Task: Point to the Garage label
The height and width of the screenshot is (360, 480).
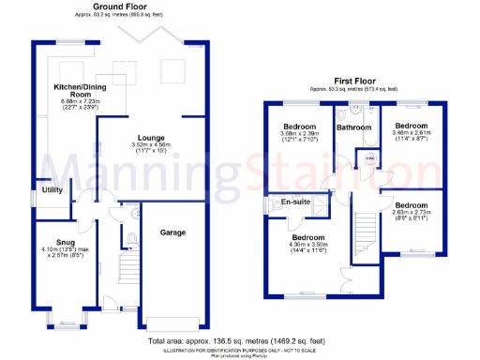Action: pyautogui.click(x=172, y=232)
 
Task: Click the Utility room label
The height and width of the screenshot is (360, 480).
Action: pyautogui.click(x=52, y=189)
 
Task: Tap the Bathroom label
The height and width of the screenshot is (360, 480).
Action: pyautogui.click(x=354, y=127)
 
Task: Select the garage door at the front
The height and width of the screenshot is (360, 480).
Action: pyautogui.click(x=172, y=324)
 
